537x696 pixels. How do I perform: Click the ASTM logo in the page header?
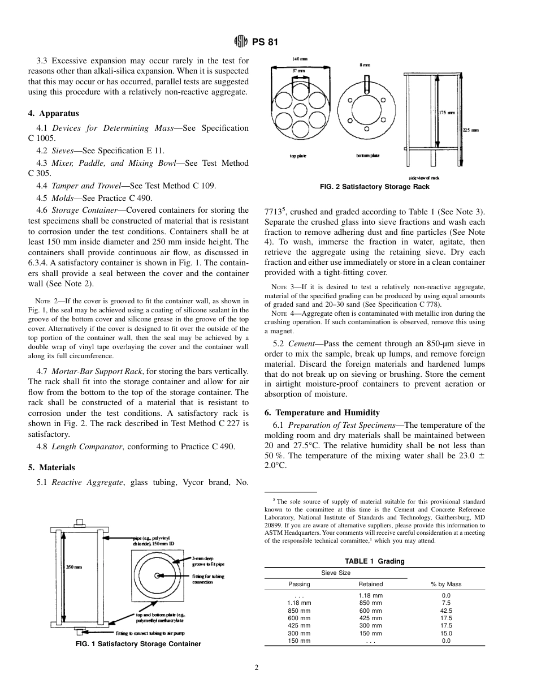coord(239,42)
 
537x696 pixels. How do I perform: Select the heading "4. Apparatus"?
coord(54,113)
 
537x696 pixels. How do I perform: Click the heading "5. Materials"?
coord(51,467)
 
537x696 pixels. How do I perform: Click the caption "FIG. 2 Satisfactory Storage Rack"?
coord(375,187)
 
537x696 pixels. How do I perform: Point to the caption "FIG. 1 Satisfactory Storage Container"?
coord(138,644)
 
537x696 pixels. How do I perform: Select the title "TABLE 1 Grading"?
coord(375,561)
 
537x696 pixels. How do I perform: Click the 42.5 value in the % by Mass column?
coord(446,611)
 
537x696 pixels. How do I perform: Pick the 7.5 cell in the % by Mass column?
coord(446,603)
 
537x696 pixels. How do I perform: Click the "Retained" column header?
coord(371,584)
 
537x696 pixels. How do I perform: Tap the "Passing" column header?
coord(299,584)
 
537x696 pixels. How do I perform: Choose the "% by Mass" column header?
coord(446,584)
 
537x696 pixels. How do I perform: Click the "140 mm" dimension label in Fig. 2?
coord(300,59)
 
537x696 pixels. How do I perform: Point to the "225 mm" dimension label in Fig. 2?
coord(470,130)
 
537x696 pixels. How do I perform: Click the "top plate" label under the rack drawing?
coord(298,156)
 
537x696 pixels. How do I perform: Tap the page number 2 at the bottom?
coord(257,668)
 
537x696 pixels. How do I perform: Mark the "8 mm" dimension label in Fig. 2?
coord(365,66)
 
